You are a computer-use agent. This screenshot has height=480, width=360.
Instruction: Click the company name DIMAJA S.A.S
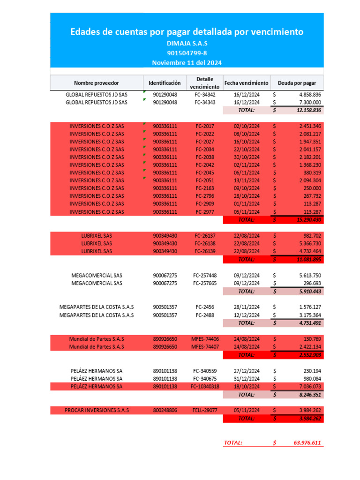pos(187,43)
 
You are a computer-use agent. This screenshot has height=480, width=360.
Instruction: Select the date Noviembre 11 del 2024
pos(187,63)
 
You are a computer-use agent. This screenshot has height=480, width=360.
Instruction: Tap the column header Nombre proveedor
pos(97,83)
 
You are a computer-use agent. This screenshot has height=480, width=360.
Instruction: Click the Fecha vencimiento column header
pos(246,82)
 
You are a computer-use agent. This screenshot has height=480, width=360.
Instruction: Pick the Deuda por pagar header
pos(297,83)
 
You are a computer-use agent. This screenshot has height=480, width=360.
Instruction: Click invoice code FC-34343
pos(204,102)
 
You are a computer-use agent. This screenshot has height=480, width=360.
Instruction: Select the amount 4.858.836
pos(310,95)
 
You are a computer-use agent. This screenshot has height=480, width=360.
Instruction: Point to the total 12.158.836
pos(308,110)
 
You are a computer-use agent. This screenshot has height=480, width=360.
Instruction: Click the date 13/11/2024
pos(246,180)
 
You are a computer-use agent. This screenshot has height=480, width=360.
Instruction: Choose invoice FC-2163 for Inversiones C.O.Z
pos(204,188)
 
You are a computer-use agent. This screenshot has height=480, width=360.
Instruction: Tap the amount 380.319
pos(312,172)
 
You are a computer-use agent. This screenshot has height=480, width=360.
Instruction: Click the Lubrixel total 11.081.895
pos(308,259)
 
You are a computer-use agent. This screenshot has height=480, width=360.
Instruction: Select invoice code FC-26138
pos(204,244)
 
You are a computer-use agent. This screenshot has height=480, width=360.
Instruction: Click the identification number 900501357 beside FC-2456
pos(165,307)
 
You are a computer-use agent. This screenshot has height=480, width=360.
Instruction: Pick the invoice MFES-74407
pos(204,347)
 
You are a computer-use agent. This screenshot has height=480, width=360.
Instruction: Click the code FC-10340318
pos(204,386)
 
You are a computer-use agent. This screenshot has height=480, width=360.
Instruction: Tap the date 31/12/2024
pos(246,378)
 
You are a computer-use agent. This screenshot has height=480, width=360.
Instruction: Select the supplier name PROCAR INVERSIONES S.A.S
pos(97,410)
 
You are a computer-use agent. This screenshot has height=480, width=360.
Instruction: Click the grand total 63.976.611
pos(307,442)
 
